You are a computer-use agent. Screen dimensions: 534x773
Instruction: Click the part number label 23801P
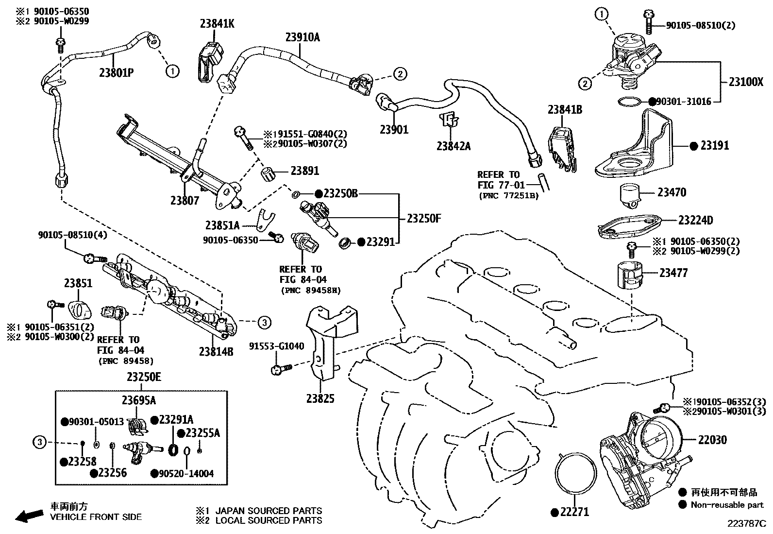116,73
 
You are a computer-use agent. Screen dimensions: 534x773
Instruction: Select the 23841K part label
217,23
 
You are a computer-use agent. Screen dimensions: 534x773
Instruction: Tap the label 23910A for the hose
302,37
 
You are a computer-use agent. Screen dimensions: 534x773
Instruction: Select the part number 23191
715,145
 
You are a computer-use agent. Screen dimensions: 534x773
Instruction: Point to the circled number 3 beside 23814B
264,322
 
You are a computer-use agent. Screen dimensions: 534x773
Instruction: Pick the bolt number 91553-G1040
277,346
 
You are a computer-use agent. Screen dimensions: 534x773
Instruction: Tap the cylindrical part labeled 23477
630,276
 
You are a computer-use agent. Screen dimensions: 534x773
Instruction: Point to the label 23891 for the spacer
305,171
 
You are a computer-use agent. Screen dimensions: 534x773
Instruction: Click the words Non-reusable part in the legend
727,505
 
